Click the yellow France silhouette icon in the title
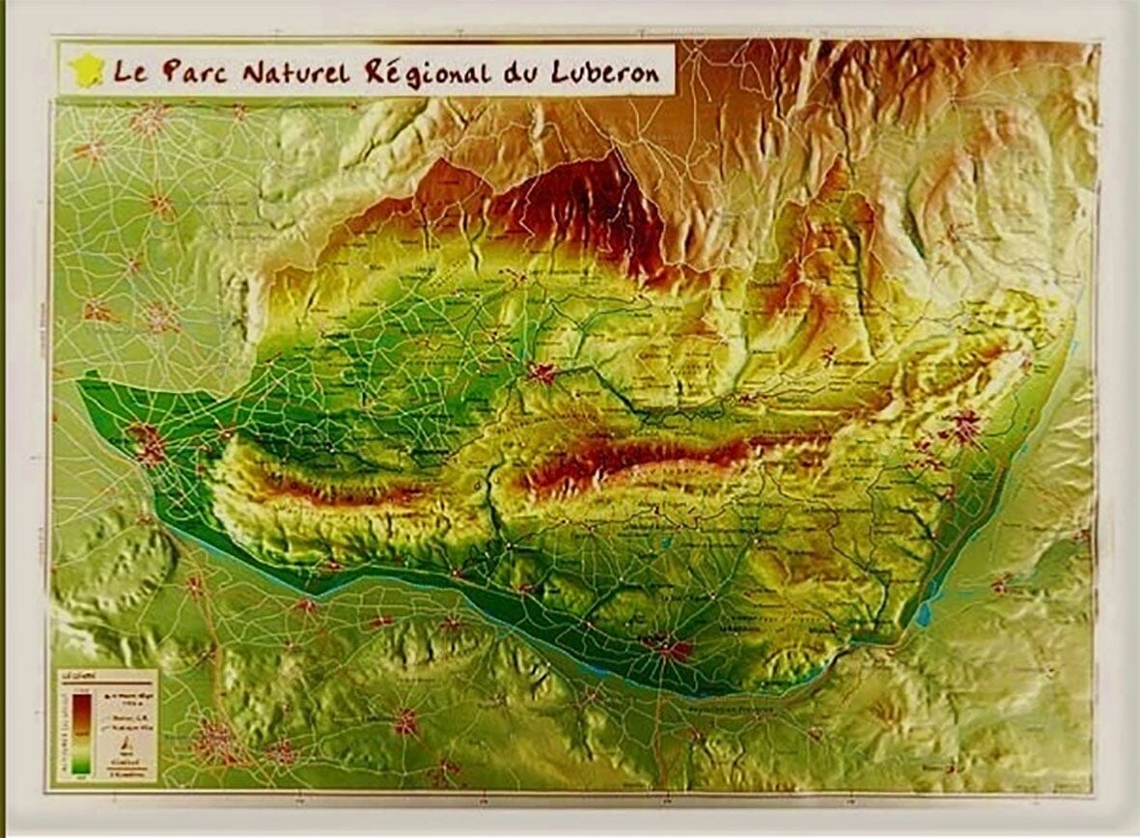point(88,70)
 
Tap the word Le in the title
point(130,71)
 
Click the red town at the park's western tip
point(148,443)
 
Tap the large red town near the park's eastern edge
point(962,427)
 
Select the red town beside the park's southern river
point(673,646)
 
